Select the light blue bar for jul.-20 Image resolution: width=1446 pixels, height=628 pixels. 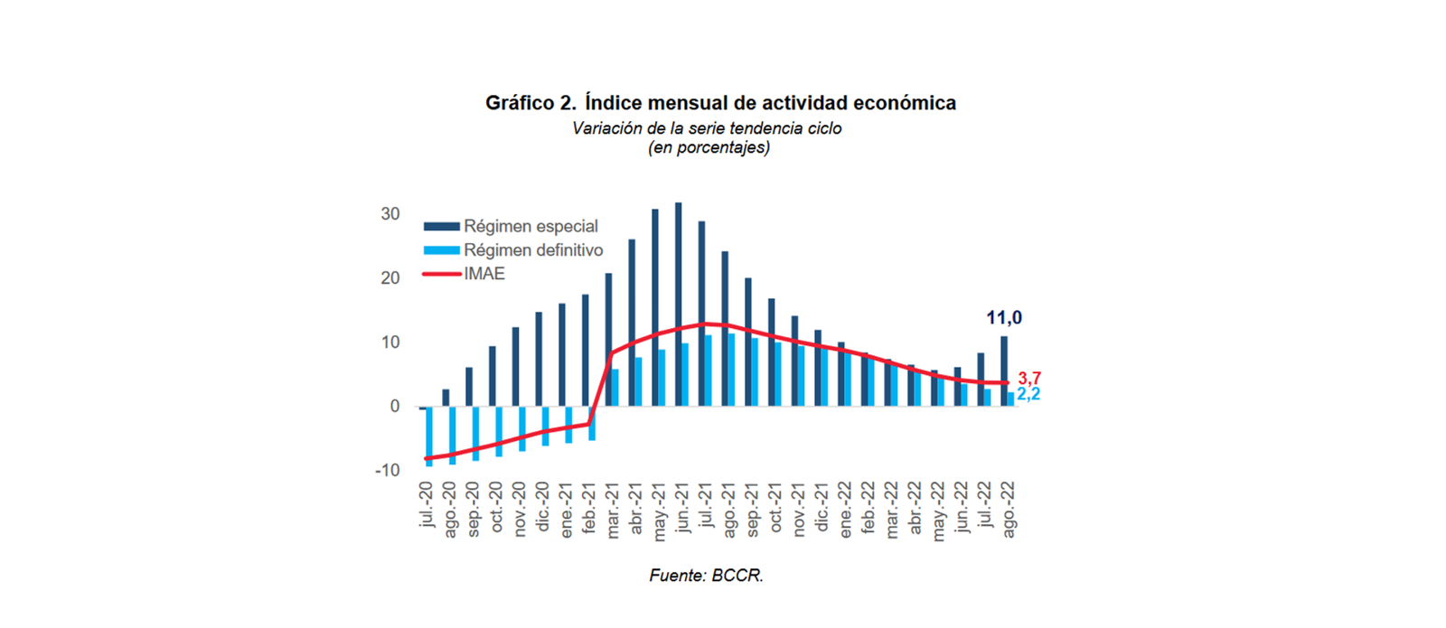429,436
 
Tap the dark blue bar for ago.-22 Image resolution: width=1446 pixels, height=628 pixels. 1004,370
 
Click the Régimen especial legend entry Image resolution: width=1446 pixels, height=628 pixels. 531,226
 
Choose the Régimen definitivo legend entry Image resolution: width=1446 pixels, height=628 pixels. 533,250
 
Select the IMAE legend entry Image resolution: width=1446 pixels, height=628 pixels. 484,274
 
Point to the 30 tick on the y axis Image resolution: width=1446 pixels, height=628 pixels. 390,214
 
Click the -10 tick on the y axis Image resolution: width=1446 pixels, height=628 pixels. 387,471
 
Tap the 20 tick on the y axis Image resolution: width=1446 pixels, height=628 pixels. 390,278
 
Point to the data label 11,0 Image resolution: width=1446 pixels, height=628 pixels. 1004,318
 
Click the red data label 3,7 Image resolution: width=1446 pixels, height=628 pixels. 1029,379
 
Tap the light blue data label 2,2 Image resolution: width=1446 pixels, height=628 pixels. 1029,395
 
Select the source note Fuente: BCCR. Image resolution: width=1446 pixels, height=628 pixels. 706,576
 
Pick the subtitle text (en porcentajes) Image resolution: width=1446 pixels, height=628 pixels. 709,147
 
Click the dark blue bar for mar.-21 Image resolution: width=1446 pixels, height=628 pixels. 609,339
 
